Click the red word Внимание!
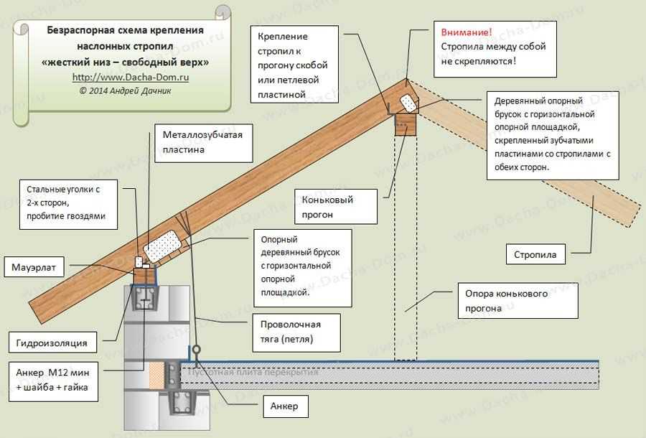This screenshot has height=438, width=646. [x=466, y=32]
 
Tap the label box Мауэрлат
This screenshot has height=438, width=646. [x=34, y=267]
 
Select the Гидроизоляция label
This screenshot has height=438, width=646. [x=52, y=343]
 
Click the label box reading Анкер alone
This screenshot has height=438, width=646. [x=286, y=406]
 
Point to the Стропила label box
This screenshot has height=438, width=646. [x=535, y=254]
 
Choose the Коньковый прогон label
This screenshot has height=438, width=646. [x=336, y=207]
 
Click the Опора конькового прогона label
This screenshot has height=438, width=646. [x=518, y=301]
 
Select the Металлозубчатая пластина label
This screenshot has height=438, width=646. [x=204, y=143]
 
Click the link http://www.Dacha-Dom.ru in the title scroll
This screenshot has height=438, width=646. [x=131, y=77]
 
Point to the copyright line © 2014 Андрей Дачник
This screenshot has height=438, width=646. [x=125, y=90]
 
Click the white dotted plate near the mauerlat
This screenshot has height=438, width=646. [x=163, y=246]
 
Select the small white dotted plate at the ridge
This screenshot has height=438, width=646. [x=408, y=103]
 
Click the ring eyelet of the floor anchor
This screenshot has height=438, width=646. [x=197, y=350]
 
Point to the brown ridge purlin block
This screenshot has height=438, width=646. [x=406, y=125]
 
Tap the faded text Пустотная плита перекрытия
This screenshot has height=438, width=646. [x=253, y=372]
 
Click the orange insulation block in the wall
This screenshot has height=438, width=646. [x=156, y=376]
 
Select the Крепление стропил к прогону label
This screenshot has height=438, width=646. [x=294, y=65]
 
